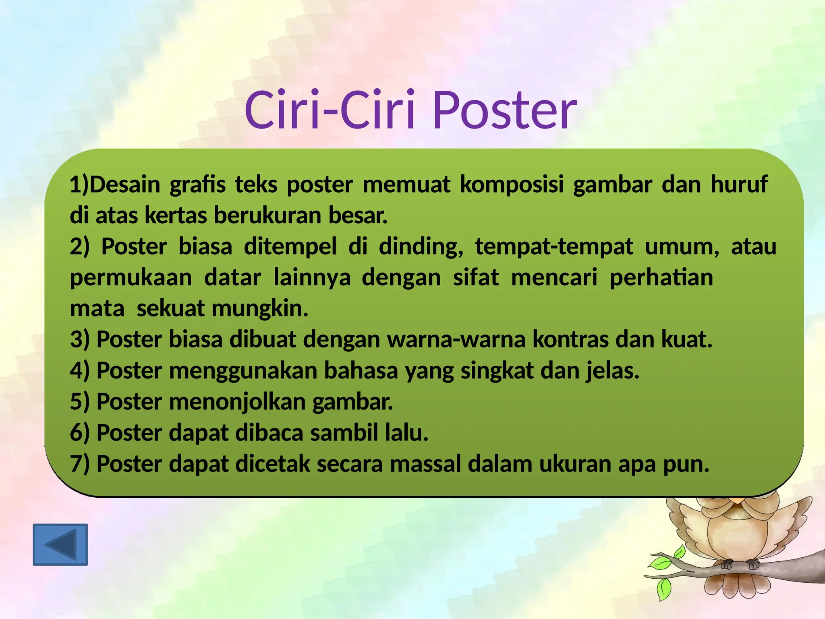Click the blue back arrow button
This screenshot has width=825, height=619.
(x=60, y=544)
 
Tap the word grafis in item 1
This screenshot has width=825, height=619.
(x=197, y=185)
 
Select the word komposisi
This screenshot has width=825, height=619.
(x=512, y=185)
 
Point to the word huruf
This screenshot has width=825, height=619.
(x=739, y=185)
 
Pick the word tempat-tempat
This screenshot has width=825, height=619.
(x=554, y=247)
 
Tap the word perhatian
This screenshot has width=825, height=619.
(x=661, y=278)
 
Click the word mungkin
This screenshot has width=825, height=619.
(x=260, y=309)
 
